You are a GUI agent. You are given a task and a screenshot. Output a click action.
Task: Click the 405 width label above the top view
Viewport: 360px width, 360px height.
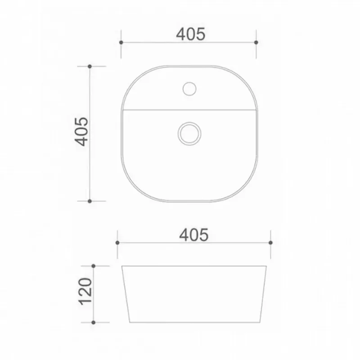coord(190,34)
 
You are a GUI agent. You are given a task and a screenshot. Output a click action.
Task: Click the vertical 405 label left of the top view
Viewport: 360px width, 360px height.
coord(81,131)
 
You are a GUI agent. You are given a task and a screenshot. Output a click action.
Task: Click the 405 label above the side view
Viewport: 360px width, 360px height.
coord(194,235)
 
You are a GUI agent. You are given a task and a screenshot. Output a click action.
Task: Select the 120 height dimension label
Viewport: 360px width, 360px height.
coord(85,292)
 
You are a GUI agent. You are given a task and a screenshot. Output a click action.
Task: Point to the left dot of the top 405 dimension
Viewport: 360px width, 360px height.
coord(121,42)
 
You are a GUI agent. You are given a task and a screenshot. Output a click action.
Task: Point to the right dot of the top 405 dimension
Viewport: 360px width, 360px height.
coord(256,42)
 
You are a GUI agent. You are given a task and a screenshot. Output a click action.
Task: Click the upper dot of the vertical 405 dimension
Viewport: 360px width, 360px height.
coord(90,66)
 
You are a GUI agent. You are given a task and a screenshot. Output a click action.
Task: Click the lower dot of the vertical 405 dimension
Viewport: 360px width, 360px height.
coord(90,201)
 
